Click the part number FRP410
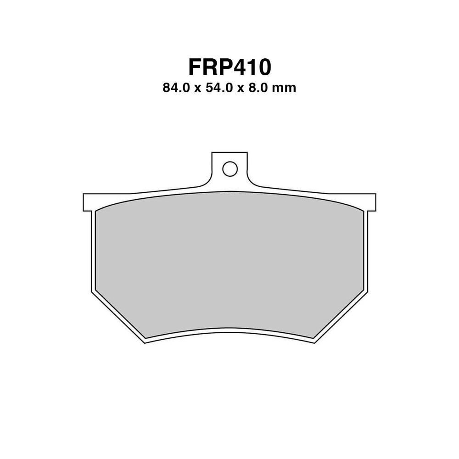(x=229, y=67)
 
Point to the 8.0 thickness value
(x=259, y=88)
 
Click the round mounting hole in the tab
(x=229, y=169)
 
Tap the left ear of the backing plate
(x=88, y=202)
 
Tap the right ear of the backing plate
(x=371, y=202)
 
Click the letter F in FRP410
(x=196, y=67)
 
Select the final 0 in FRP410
(x=263, y=67)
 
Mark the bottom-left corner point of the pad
(x=145, y=343)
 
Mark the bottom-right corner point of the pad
(x=314, y=343)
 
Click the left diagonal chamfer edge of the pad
(x=118, y=317)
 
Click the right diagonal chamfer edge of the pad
(x=341, y=317)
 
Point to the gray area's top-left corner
(x=96, y=212)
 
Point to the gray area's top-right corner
(x=363, y=212)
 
